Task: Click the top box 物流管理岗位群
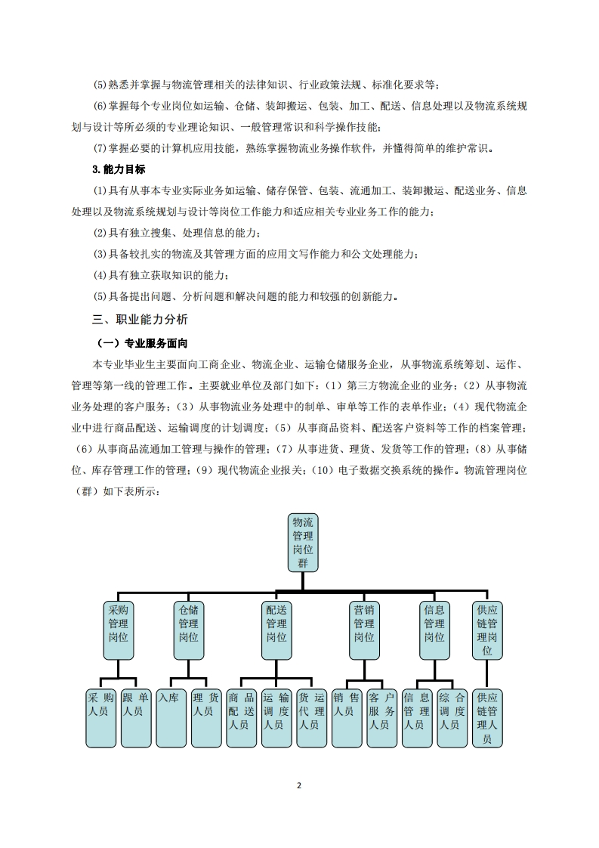point(303,542)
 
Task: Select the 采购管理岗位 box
point(119,630)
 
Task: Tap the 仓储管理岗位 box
point(188,630)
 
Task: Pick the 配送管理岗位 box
point(276,630)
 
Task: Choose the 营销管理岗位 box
point(364,630)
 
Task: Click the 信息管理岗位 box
point(434,630)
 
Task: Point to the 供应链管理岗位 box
point(487,630)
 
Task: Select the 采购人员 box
point(100,716)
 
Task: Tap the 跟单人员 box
point(136,716)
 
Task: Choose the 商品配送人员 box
point(241,716)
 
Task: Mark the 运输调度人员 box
point(276,716)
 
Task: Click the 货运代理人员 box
point(311,716)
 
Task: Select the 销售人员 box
point(347,716)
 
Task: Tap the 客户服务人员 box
point(381,716)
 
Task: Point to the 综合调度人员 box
point(452,716)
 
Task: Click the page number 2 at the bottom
point(299,785)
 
